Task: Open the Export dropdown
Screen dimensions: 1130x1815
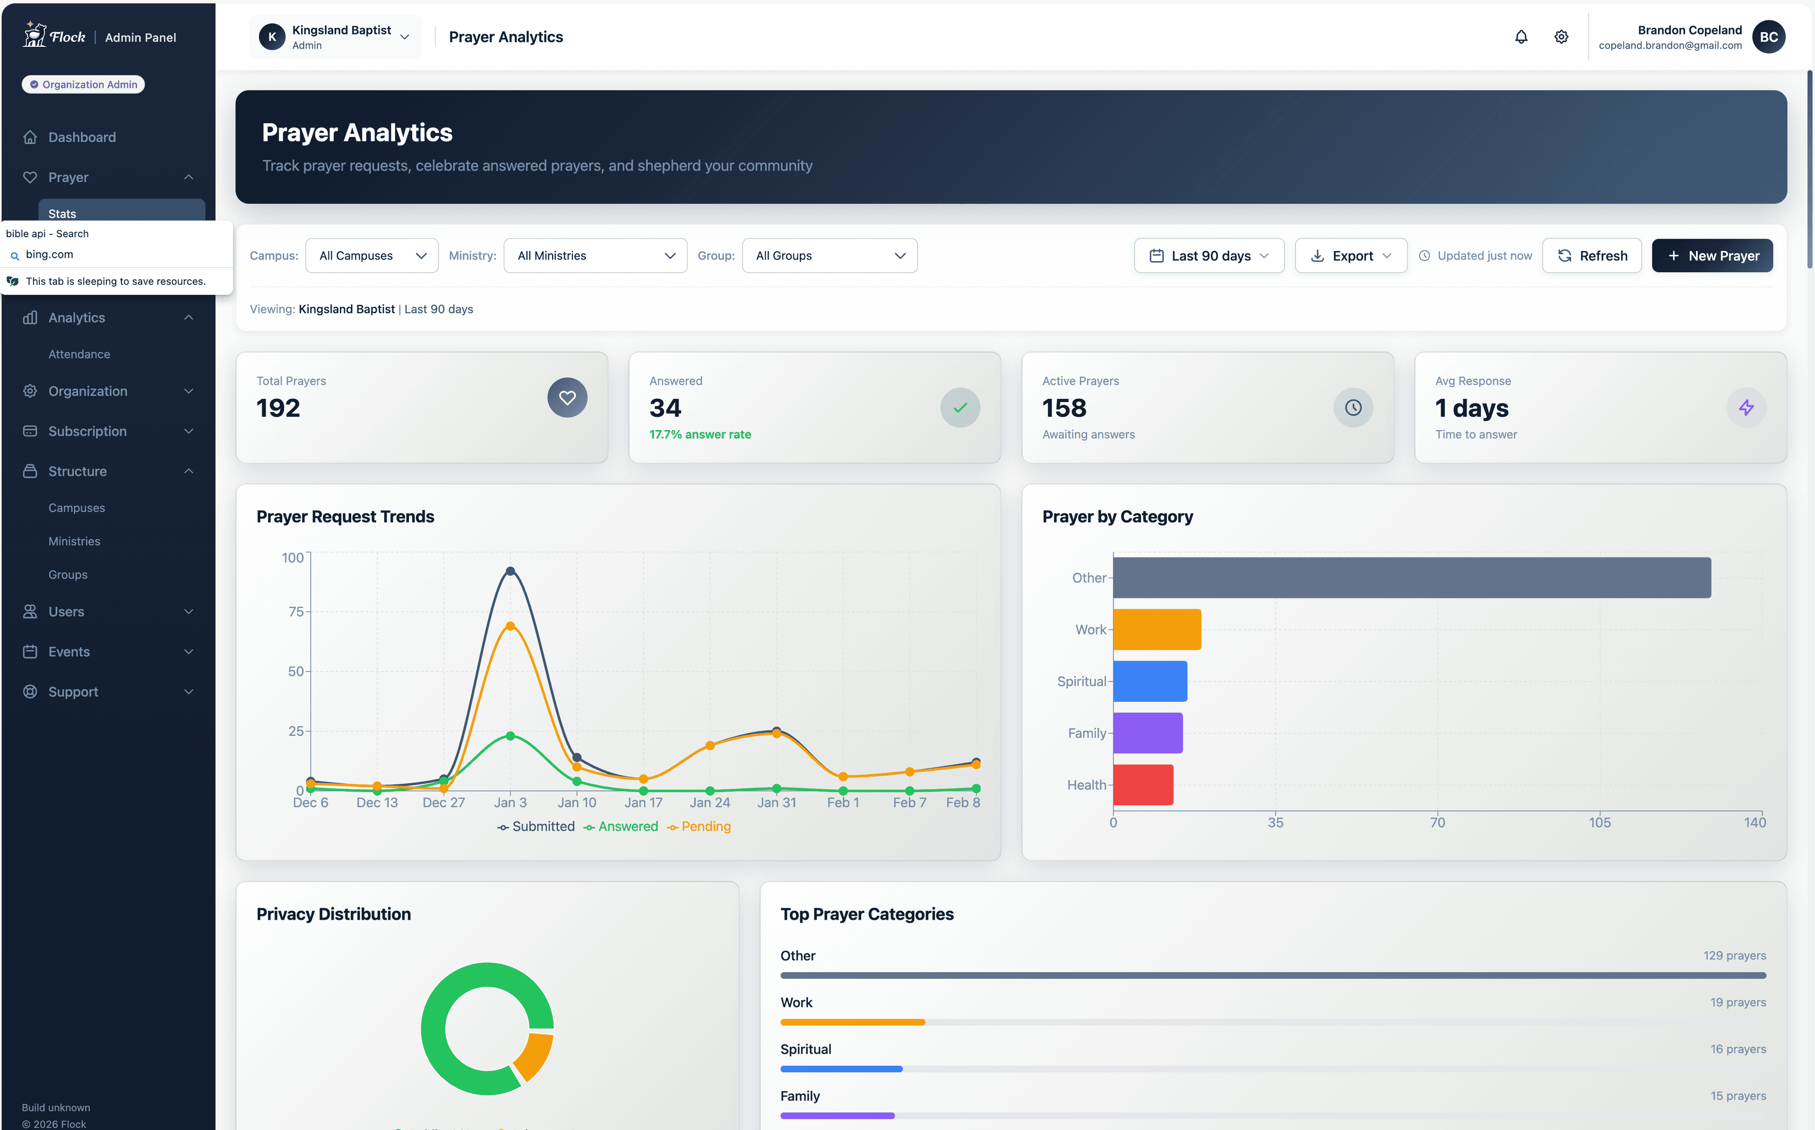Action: pyautogui.click(x=1350, y=256)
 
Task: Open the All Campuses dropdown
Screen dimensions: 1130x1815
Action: pyautogui.click(x=372, y=256)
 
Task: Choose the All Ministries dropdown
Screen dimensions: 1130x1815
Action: pyautogui.click(x=595, y=256)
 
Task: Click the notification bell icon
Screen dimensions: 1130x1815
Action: pyautogui.click(x=1521, y=36)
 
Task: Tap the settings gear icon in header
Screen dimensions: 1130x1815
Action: pyautogui.click(x=1561, y=36)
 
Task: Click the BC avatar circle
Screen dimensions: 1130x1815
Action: pyautogui.click(x=1768, y=36)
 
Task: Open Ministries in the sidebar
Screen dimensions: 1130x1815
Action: pyautogui.click(x=74, y=541)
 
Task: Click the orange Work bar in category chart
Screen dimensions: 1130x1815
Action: pyautogui.click(x=1156, y=629)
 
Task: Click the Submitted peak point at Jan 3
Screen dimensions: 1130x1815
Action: pyautogui.click(x=510, y=571)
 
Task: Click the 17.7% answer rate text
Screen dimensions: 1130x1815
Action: pyautogui.click(x=700, y=434)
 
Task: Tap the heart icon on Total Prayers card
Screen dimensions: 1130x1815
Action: pyautogui.click(x=567, y=397)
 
